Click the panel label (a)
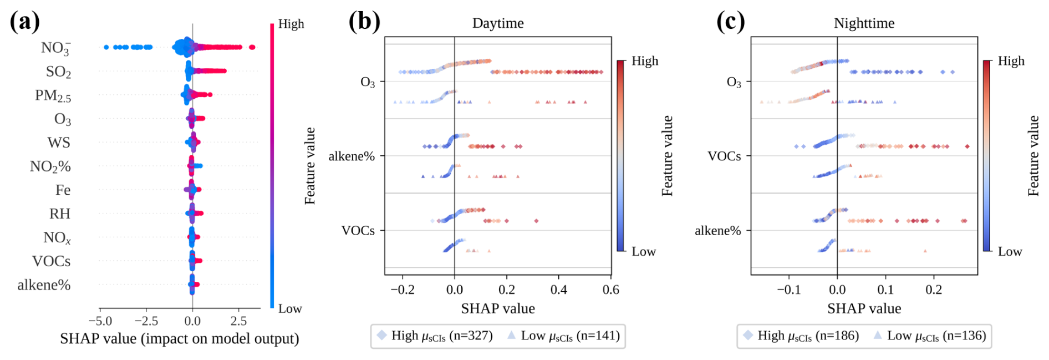pyautogui.click(x=25, y=22)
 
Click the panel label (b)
pyautogui.click(x=364, y=22)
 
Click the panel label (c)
pyautogui.click(x=730, y=22)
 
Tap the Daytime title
pyautogui.click(x=498, y=23)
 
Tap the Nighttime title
pyautogui.click(x=864, y=23)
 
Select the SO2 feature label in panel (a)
pyautogui.click(x=58, y=72)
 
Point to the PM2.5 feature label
pyautogui.click(x=53, y=95)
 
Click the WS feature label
pyautogui.click(x=59, y=143)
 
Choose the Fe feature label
pyautogui.click(x=63, y=190)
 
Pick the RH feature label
pyautogui.click(x=60, y=214)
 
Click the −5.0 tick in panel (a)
pyautogui.click(x=100, y=321)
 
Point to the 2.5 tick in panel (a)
pyautogui.click(x=238, y=321)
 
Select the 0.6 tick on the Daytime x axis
pyautogui.click(x=610, y=290)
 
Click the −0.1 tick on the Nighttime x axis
pyautogui.click(x=788, y=290)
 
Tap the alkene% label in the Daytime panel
pyautogui.click(x=352, y=156)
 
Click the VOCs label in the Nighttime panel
pyautogui.click(x=724, y=156)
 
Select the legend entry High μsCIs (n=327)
pyautogui.click(x=435, y=336)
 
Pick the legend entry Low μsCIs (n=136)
pyautogui.click(x=930, y=336)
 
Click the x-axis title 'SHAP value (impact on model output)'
pyautogui.click(x=179, y=339)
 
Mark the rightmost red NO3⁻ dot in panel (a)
pyautogui.click(x=252, y=47)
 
